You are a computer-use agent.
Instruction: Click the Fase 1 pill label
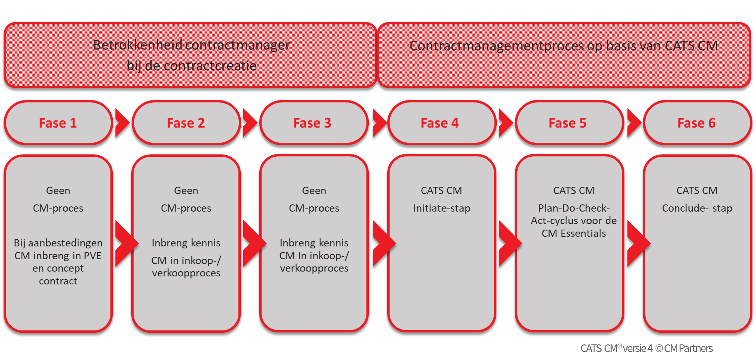tap(58, 123)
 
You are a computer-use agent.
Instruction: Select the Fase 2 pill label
tap(186, 123)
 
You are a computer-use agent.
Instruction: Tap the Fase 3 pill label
tap(312, 123)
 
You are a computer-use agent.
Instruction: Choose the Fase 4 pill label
tap(439, 123)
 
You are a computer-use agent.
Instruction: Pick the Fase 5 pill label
tap(567, 123)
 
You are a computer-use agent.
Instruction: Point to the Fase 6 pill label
tap(696, 123)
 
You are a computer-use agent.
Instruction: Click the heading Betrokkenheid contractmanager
tap(192, 45)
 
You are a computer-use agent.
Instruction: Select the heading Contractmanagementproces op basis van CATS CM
tap(564, 46)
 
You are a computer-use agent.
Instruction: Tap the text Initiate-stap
tap(442, 208)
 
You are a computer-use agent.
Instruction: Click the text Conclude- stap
tap(697, 208)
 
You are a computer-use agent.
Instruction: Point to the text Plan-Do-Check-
tap(574, 208)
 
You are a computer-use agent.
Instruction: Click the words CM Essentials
tap(574, 233)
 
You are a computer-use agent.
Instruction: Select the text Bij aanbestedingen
tap(58, 243)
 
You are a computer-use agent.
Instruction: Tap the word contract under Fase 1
tap(58, 281)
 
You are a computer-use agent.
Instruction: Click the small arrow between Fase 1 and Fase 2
tap(122, 123)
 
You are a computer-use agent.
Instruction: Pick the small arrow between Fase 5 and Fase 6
tap(634, 123)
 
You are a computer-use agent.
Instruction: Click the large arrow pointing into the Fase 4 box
tap(382, 243)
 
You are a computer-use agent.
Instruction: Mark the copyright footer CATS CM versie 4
tap(646, 348)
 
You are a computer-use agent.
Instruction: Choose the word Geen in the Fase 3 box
tap(314, 190)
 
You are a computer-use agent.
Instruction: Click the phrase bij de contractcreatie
tap(192, 65)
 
